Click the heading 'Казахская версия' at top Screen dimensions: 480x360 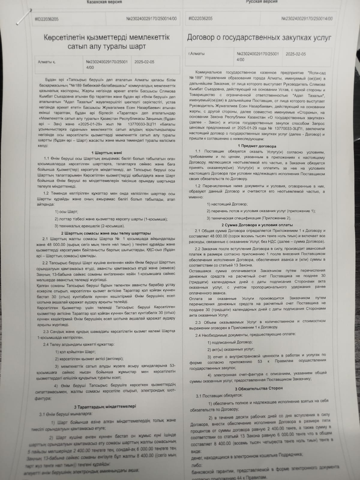[104, 2]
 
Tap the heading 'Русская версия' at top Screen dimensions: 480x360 [257, 1]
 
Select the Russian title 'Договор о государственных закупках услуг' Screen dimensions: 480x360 [259, 37]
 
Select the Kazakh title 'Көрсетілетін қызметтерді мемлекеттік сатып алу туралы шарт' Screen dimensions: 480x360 [107, 42]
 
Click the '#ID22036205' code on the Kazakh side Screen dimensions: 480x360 [47, 19]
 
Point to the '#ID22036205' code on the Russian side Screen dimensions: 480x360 [200, 19]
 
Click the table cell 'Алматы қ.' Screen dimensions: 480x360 [47, 62]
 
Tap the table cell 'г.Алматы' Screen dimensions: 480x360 [196, 54]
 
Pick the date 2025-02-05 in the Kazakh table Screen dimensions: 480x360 [144, 62]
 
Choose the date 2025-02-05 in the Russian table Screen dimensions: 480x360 [295, 54]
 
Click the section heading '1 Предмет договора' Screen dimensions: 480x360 [259, 146]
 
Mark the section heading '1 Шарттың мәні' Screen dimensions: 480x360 [106, 153]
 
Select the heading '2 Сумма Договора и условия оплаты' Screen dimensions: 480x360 [257, 225]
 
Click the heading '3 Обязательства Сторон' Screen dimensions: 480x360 [259, 388]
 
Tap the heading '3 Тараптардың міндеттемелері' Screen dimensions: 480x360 [105, 406]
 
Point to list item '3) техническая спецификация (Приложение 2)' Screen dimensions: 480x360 [249, 218]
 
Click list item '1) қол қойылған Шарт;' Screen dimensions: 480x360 [75, 352]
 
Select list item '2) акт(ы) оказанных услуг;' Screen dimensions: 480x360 [231, 349]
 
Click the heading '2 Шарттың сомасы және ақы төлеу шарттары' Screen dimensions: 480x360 [106, 233]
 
